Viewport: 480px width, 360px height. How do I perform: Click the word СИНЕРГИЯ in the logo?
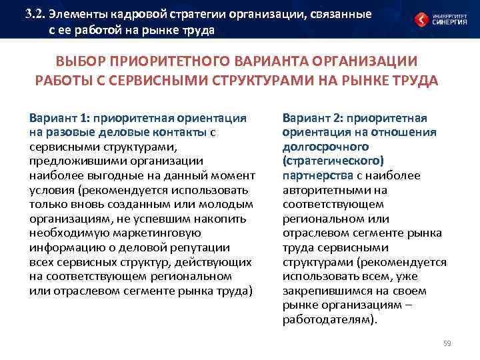point(450,22)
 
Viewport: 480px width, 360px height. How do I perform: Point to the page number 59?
point(447,343)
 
